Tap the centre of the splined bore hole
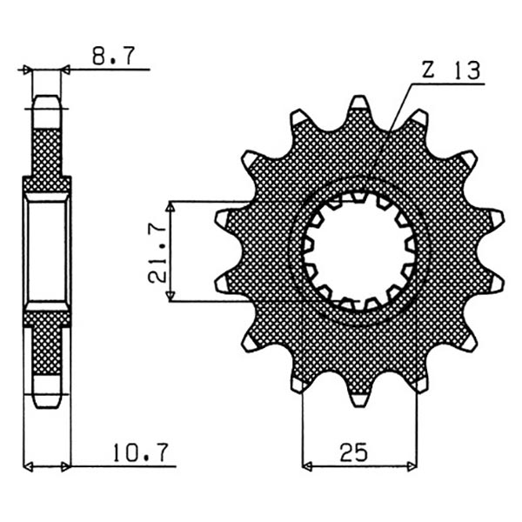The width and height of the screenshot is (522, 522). coord(359,252)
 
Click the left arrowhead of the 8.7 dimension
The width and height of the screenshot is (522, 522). coord(28,69)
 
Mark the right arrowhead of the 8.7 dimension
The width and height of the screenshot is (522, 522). coord(65,69)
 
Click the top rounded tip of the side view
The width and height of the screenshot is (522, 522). coord(47,97)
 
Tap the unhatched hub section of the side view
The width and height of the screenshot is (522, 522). coord(47,252)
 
